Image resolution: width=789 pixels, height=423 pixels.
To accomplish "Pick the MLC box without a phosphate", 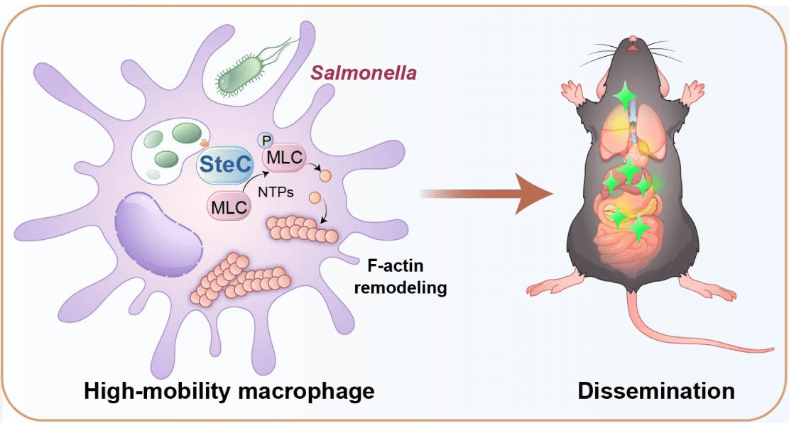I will (x=227, y=207).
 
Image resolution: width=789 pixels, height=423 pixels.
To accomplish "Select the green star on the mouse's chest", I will (x=625, y=96).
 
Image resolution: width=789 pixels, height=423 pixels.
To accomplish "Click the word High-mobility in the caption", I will (x=153, y=391).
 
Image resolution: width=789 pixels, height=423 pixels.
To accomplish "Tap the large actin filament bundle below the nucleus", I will (x=239, y=279).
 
